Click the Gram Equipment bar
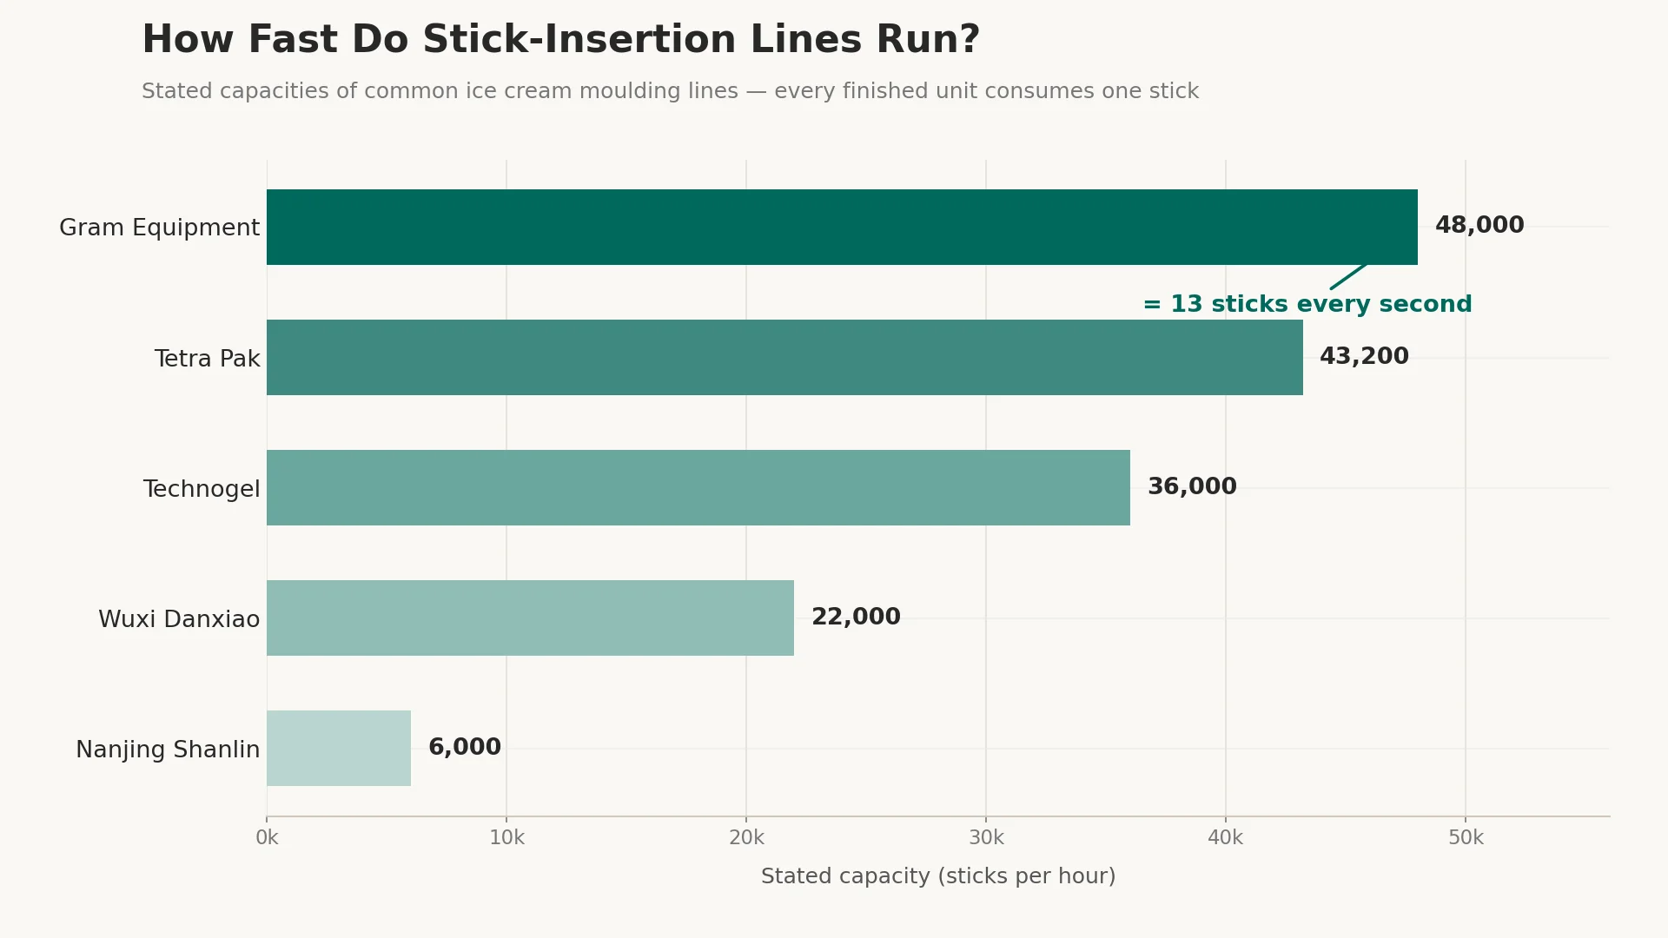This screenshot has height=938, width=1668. (x=842, y=227)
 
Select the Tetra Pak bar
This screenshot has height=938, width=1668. (x=784, y=357)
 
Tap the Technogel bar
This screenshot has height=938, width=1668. (x=698, y=487)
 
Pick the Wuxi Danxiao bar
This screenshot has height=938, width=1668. (x=530, y=618)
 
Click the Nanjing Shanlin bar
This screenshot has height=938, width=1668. (x=339, y=748)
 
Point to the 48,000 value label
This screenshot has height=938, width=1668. (x=1479, y=226)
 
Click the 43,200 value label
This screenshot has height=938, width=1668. (x=1364, y=356)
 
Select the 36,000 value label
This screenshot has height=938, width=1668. (x=1192, y=486)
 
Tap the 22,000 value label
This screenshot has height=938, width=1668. (x=856, y=617)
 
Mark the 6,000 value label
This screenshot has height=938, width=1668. (x=465, y=747)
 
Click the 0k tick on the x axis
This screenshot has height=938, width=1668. (x=267, y=838)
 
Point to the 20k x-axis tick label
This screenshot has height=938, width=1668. (x=746, y=838)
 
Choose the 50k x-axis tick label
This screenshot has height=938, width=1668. (x=1466, y=838)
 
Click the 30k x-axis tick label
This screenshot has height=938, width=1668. (x=986, y=838)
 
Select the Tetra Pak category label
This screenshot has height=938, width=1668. (x=207, y=359)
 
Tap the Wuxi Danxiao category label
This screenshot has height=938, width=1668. (x=179, y=619)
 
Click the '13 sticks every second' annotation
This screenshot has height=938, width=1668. (x=1320, y=304)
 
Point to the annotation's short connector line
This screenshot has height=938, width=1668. (x=1348, y=277)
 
